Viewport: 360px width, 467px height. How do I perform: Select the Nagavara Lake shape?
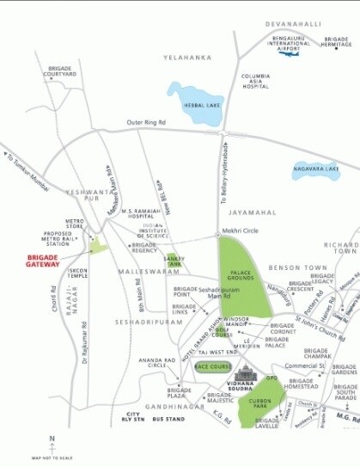[x=316, y=171]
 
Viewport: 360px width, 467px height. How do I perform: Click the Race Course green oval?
[x=211, y=367]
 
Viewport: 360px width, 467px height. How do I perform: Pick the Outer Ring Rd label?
[x=147, y=122]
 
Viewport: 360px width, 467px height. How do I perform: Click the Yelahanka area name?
[x=186, y=57]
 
